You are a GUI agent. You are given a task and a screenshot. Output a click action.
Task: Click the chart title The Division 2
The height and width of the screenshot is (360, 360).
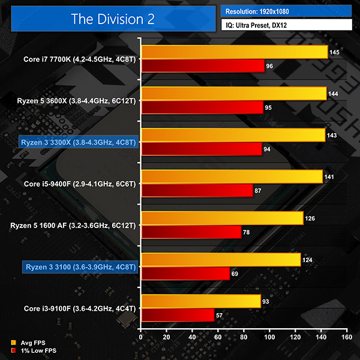click(113, 19)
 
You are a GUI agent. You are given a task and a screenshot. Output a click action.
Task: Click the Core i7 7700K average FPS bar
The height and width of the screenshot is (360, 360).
click(234, 52)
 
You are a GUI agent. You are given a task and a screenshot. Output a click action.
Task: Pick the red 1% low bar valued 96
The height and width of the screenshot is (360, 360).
click(202, 66)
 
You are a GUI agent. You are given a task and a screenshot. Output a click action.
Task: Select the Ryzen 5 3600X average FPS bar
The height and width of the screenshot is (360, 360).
click(233, 94)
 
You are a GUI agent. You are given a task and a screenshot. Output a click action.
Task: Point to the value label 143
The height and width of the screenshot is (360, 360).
click(332, 136)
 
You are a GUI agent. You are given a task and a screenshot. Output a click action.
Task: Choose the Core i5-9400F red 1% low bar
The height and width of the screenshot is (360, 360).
click(196, 191)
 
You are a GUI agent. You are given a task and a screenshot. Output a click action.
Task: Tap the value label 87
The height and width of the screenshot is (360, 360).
click(260, 191)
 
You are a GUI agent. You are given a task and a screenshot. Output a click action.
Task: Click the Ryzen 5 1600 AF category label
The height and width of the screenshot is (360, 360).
click(74, 226)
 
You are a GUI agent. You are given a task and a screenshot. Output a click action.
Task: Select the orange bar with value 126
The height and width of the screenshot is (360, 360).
click(221, 218)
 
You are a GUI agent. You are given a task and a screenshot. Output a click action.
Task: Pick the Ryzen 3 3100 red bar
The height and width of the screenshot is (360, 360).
click(185, 274)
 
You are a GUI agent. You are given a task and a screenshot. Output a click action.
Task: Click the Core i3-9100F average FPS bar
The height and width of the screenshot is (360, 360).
click(200, 301)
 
